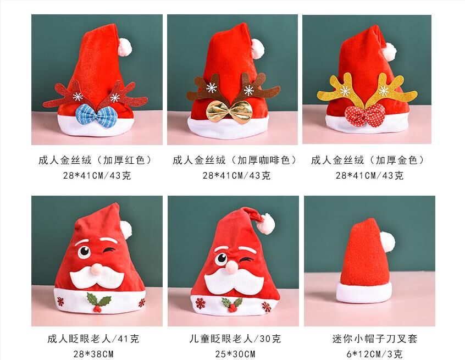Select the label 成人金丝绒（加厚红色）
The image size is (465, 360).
click(x=95, y=160)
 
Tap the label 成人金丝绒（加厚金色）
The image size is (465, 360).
click(x=369, y=160)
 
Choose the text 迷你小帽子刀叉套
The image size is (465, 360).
click(x=371, y=339)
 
